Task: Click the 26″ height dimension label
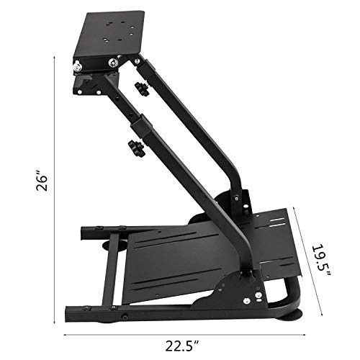[42, 181]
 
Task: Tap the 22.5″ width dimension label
[183, 346]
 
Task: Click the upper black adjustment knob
[142, 89]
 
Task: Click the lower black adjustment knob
[136, 148]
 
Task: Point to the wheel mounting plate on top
[109, 41]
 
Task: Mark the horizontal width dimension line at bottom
[184, 334]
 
